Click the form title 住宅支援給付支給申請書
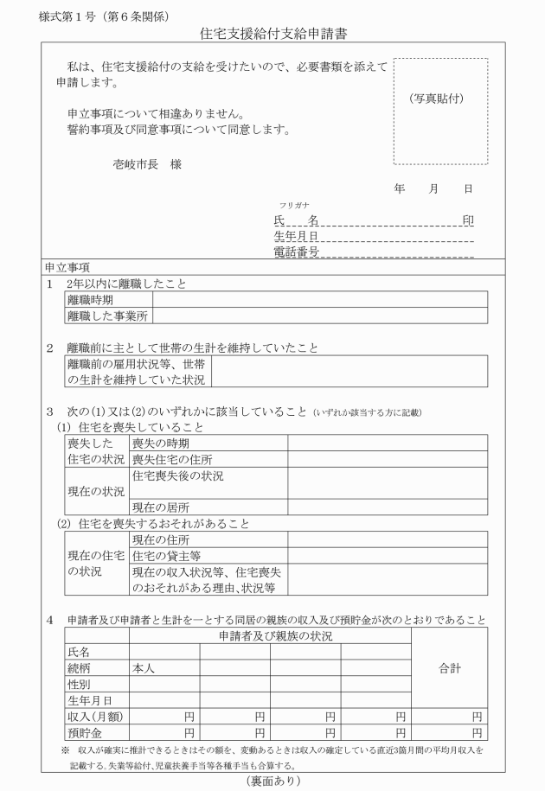pos(273,35)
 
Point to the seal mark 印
pos(468,220)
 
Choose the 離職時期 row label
pos(89,300)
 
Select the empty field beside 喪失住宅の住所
pos(385,459)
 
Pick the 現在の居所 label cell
pos(161,507)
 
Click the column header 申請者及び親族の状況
pos(270,636)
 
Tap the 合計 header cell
pos(448,668)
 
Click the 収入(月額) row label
pos(94,716)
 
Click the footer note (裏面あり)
pos(273,781)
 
